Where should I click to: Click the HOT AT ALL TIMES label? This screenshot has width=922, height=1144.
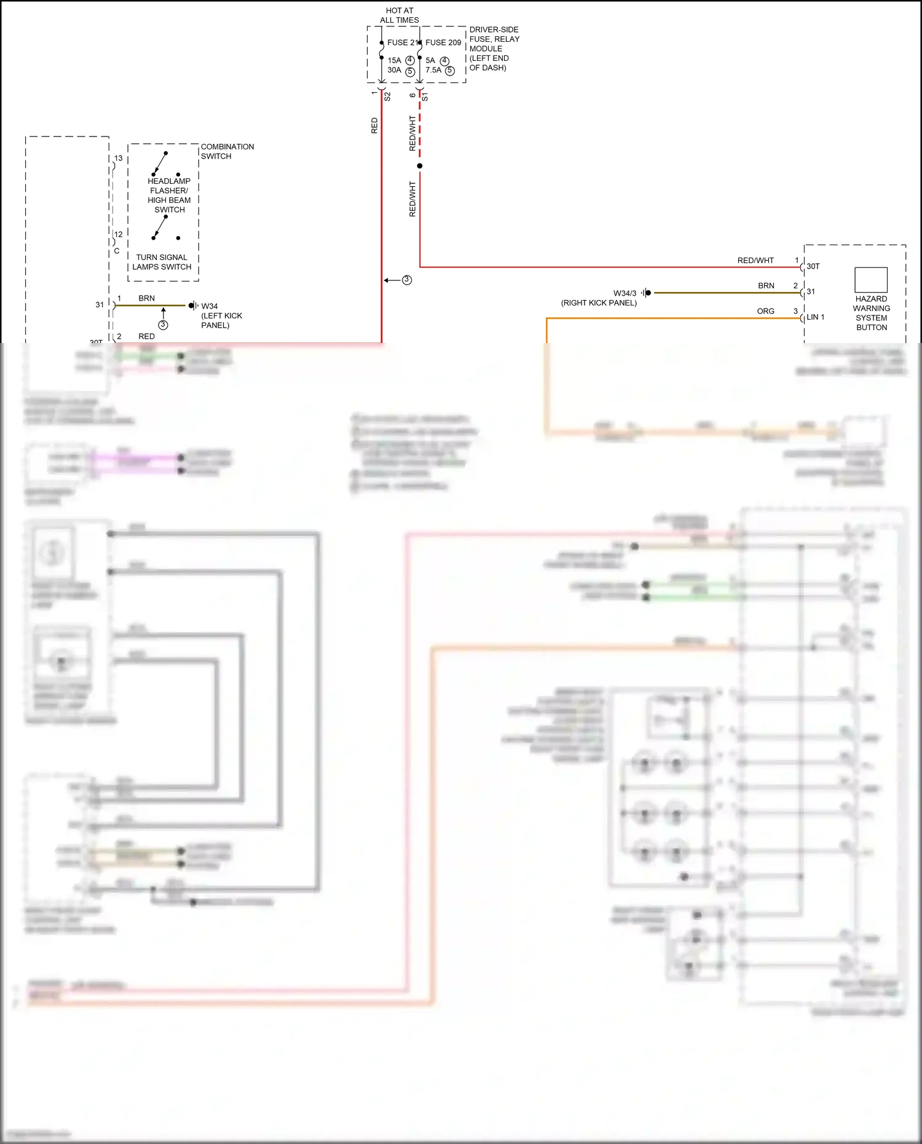[x=399, y=15]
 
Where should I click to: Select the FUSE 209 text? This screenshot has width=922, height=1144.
[x=443, y=42]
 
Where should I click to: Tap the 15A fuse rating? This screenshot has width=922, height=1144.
[x=394, y=60]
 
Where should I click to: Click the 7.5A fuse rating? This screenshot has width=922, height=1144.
[x=433, y=70]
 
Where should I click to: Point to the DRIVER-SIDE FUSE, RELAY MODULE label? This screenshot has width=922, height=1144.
[x=494, y=49]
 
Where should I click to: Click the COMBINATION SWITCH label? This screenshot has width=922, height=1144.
[x=227, y=151]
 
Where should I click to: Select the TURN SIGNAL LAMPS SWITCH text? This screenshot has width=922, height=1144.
[x=162, y=262]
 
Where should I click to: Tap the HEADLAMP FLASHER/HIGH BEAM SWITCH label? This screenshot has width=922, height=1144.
[x=169, y=195]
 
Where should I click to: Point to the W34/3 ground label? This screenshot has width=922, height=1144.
[x=625, y=293]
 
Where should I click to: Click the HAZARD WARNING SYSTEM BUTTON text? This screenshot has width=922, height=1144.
[x=871, y=313]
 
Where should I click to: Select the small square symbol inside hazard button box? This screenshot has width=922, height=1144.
[x=871, y=280]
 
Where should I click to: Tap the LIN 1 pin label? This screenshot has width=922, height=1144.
[x=816, y=317]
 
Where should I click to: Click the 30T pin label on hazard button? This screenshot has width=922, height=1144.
[x=813, y=266]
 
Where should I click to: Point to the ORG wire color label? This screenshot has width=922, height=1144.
[x=765, y=311]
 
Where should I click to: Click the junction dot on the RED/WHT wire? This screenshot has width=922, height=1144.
[x=420, y=166]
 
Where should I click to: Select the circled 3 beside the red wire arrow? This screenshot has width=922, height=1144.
[x=407, y=280]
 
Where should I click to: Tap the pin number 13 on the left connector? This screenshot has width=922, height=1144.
[x=118, y=158]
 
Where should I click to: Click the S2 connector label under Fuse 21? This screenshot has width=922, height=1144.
[x=387, y=97]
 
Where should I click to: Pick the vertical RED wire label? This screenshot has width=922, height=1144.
[x=374, y=126]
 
